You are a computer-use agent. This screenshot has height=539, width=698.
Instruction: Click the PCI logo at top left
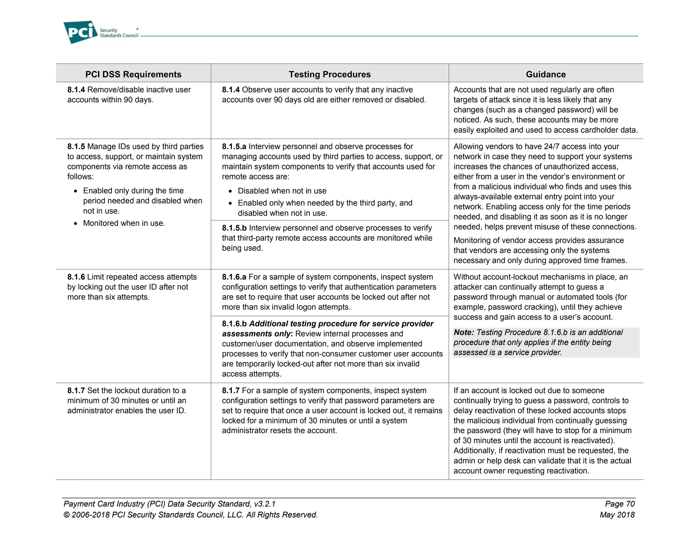pos(80,32)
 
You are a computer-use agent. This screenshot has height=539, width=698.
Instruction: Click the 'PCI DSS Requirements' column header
pos(133,74)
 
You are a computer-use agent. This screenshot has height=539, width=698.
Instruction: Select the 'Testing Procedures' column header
pos(330,74)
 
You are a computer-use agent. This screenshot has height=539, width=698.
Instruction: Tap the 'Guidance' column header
pos(545,74)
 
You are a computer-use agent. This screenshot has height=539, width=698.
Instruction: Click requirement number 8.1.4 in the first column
pos(76,90)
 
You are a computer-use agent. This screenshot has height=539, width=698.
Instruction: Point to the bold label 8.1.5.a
pos(234,147)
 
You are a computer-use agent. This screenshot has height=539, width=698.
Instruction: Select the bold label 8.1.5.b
pos(234,228)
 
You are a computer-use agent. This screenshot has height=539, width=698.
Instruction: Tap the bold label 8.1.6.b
pos(234,324)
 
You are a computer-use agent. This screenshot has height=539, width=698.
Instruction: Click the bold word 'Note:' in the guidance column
pos(464,332)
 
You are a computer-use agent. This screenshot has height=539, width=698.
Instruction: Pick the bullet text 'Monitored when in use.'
pos(124,223)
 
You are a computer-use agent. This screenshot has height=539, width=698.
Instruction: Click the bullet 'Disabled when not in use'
pos(282,191)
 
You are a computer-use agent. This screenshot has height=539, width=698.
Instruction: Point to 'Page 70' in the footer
pos(620,504)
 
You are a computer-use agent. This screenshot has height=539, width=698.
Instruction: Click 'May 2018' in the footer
pos(617,514)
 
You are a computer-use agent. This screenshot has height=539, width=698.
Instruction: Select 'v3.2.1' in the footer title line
pos(265,504)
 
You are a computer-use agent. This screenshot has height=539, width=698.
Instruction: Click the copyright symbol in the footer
pos(67,515)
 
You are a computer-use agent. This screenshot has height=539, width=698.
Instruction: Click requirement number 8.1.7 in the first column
pos(76,390)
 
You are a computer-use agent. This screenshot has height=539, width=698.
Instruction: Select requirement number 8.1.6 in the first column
pos(76,277)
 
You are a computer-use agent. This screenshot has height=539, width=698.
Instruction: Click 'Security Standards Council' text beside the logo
pos(119,33)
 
